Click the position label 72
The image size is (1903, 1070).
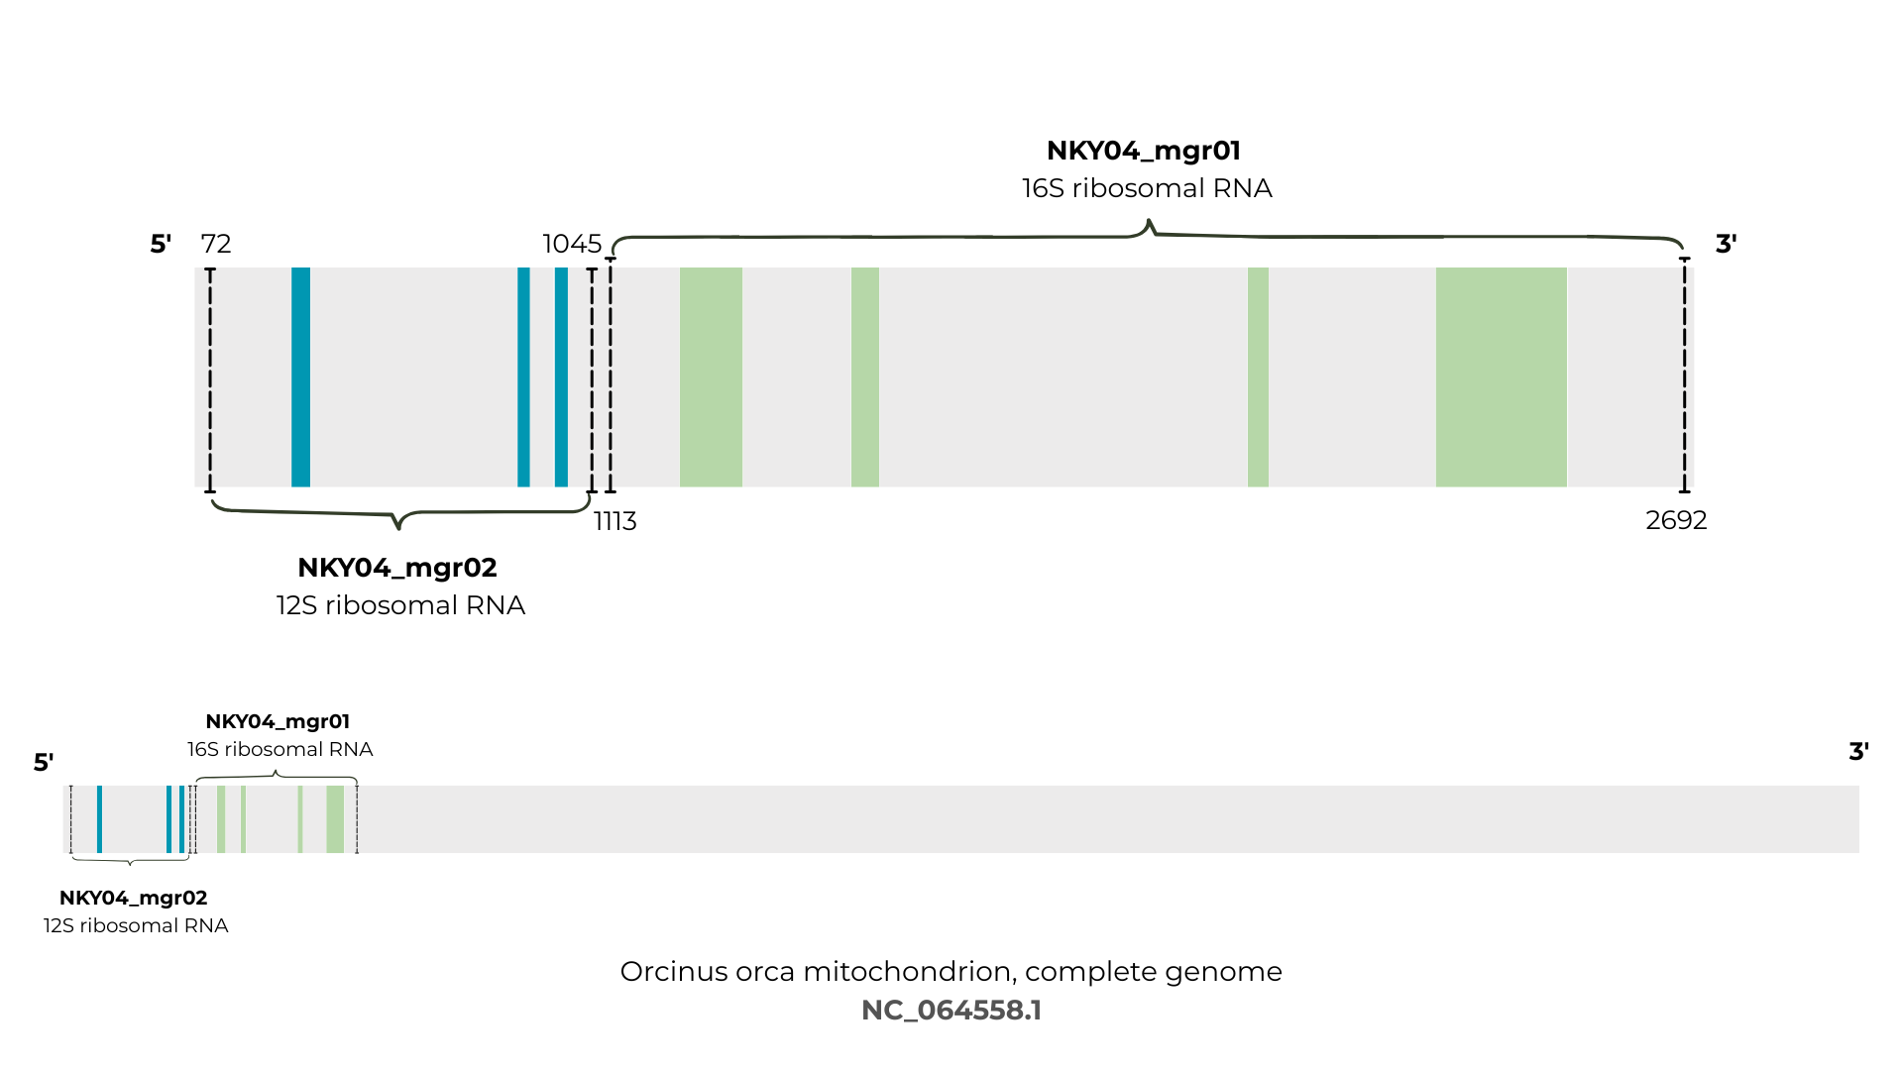[x=216, y=244]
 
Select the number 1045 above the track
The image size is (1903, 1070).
[x=572, y=244]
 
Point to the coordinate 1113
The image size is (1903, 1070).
[x=616, y=521]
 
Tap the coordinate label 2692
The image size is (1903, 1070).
[x=1676, y=520]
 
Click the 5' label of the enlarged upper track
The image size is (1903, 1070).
[x=161, y=244]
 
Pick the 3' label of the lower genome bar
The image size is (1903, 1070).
[x=1859, y=751]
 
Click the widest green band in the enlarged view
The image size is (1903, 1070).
[x=1502, y=377]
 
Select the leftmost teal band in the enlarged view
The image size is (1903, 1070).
[x=300, y=377]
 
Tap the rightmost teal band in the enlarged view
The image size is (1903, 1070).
[x=561, y=377]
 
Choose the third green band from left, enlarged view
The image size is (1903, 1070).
[x=1258, y=377]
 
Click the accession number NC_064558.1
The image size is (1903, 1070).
[x=951, y=1011]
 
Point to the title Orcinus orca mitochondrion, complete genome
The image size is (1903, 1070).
[x=951, y=972]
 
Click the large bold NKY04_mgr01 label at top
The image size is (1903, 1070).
[x=1144, y=151]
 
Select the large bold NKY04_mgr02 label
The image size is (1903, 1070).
[x=397, y=568]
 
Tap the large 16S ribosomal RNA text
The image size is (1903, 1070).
[x=1147, y=188]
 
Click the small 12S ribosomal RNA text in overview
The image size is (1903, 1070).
[x=136, y=925]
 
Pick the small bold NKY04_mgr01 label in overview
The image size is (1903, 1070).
[x=278, y=721]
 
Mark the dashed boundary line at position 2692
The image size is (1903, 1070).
[x=1684, y=375]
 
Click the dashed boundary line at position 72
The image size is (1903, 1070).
[x=210, y=380]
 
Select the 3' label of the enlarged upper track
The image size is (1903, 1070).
[x=1726, y=244]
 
